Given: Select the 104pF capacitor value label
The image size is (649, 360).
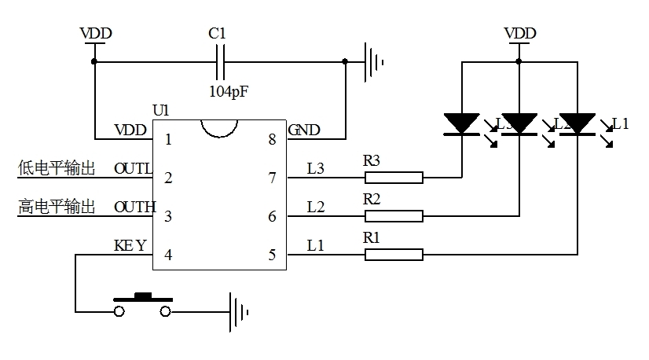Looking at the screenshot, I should pos(228,90).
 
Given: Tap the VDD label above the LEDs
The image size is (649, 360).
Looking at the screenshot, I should pos(519,33).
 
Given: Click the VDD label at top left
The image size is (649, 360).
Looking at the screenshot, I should pos(96,33).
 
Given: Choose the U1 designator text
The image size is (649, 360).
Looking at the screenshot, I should pos(160,111).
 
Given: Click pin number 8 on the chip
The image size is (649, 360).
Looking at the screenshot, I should pos(272,140).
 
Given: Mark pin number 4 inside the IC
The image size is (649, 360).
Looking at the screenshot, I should pos(167,255).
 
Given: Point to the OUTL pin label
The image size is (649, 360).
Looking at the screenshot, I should pos(133,168).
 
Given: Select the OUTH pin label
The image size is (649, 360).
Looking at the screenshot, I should pos(134,207).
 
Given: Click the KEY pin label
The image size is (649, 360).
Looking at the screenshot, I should pos(130,245).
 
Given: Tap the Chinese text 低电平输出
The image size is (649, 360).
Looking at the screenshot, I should pos(57,168).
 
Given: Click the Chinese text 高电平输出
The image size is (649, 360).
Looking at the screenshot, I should pos(57,207).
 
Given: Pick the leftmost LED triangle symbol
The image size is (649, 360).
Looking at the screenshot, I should pos(461,124).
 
